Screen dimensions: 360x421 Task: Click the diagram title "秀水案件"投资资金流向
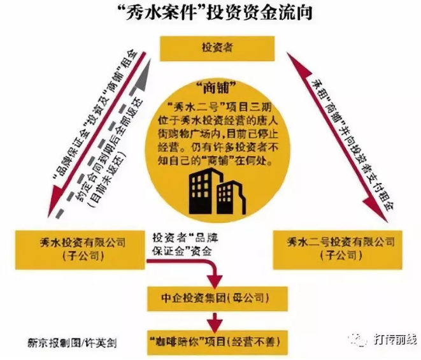[211, 14]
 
